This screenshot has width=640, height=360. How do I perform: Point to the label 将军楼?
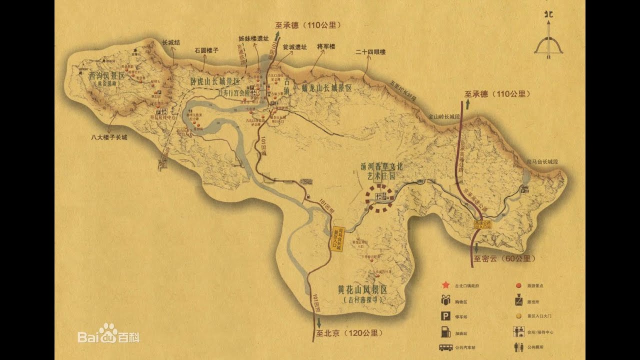point(326,46)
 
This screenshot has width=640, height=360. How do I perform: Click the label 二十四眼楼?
point(370,51)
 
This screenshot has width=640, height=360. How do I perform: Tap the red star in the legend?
point(444,285)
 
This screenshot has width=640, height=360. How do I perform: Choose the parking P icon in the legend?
point(444,316)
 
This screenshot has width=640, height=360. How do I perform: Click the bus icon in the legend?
point(445,347)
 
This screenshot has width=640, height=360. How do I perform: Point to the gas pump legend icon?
point(444,331)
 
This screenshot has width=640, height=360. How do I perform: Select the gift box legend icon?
point(444,300)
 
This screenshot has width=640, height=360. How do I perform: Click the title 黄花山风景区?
point(363,289)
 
